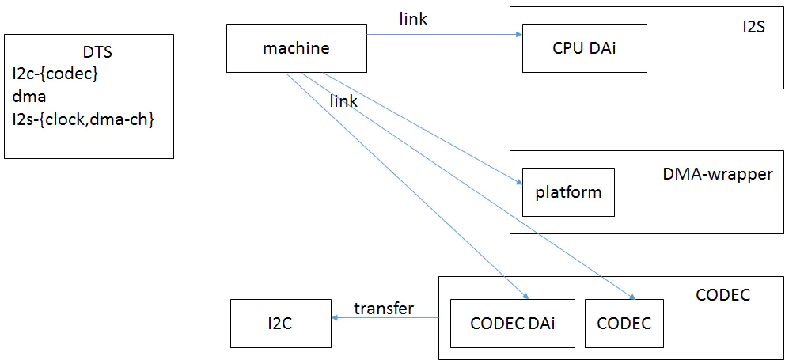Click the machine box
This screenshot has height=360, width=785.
[x=296, y=48]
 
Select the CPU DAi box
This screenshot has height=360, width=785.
[x=585, y=48]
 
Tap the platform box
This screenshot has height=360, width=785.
[x=568, y=192]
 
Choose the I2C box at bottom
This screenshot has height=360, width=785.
[x=280, y=323]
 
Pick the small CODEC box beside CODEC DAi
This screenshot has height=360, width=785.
[x=624, y=323]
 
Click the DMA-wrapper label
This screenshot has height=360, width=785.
[x=717, y=174]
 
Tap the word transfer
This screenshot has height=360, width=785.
[x=384, y=309]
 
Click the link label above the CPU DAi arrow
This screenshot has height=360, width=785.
[x=413, y=19]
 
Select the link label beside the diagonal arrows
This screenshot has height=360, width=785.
[x=343, y=101]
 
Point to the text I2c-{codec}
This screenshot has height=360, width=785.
[x=55, y=74]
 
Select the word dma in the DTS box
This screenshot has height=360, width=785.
[x=29, y=97]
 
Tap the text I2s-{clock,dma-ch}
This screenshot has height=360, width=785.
[x=82, y=119]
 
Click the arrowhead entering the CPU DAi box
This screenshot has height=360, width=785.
[x=518, y=34]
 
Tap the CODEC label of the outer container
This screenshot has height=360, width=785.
[x=722, y=295]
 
